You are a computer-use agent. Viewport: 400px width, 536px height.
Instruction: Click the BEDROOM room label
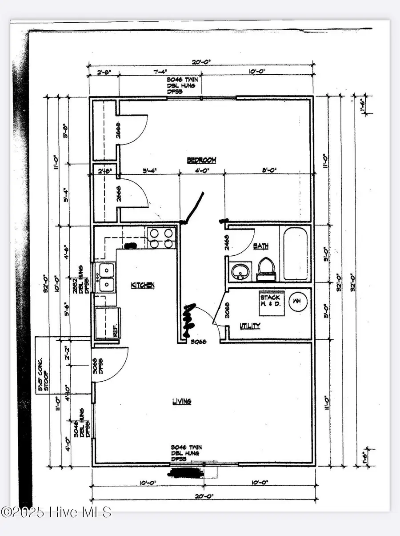tap(201, 160)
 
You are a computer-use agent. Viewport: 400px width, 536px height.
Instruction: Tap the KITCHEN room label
tap(142, 285)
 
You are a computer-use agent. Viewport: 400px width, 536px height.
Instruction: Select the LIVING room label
tap(181, 401)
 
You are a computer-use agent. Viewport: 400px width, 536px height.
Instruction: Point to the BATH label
tap(261, 246)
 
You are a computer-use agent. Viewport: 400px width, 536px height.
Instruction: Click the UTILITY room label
tap(249, 326)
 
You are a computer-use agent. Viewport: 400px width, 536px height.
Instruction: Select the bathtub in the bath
tap(294, 254)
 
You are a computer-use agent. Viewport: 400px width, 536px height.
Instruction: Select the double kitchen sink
tap(106, 277)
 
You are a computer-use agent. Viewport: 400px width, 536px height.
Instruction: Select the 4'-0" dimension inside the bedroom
tap(202, 170)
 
